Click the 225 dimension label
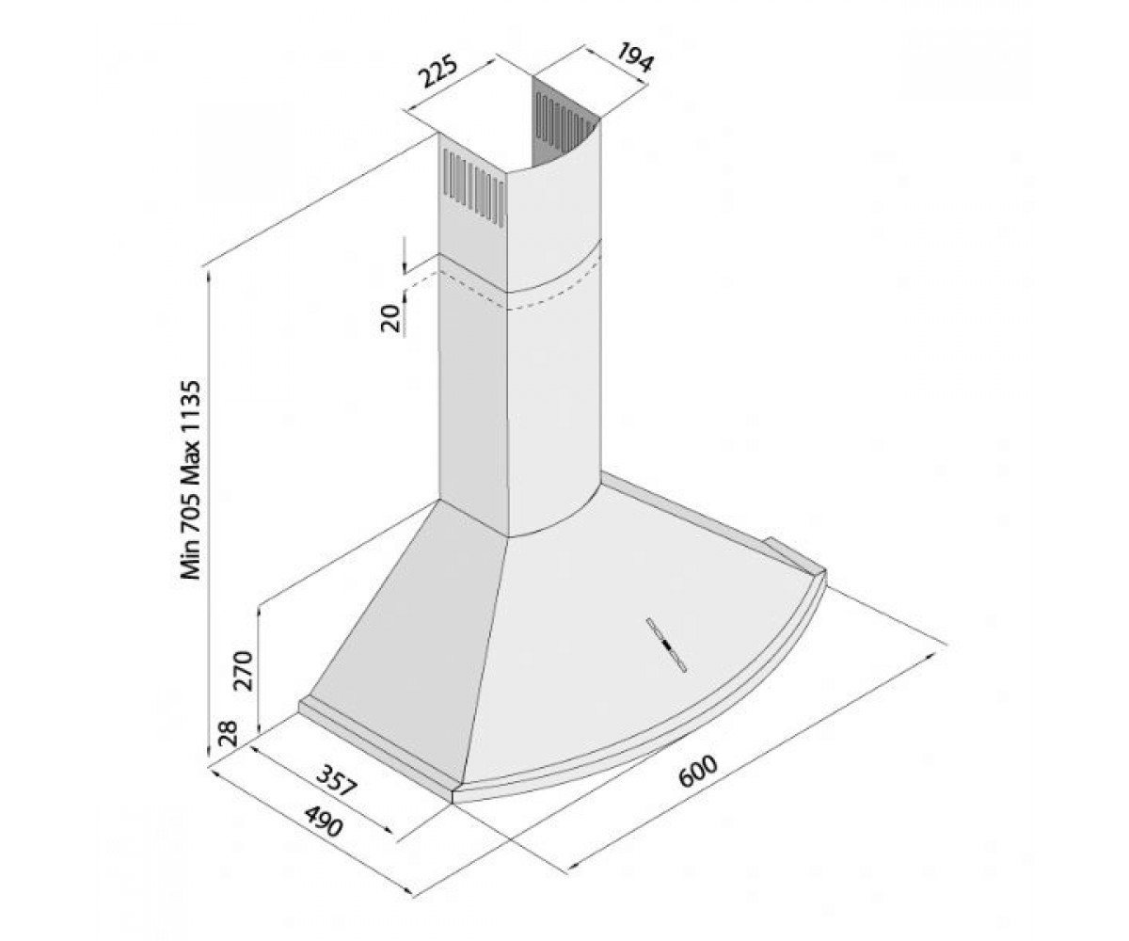(x=439, y=71)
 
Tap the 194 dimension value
(x=635, y=57)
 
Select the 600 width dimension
(x=697, y=774)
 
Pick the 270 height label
(x=245, y=671)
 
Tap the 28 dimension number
(x=230, y=734)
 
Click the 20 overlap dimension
(x=390, y=318)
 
